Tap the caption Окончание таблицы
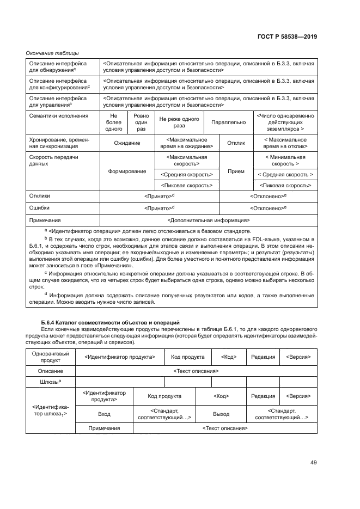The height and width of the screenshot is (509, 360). pos(53,53)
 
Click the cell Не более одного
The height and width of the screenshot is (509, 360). pos(114,122)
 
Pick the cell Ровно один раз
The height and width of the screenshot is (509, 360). pos(141,122)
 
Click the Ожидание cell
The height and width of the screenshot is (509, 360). pos(127,143)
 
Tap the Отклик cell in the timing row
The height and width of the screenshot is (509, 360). pos(236,143)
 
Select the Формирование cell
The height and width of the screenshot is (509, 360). pos(127,171)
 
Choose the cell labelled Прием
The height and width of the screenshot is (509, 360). pos(236,171)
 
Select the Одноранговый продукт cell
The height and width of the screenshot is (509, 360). pos(50,357)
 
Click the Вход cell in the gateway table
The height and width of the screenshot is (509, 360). pos(104,414)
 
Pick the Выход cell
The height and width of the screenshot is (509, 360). pos(221,414)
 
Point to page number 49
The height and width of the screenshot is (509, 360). pos(313,463)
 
